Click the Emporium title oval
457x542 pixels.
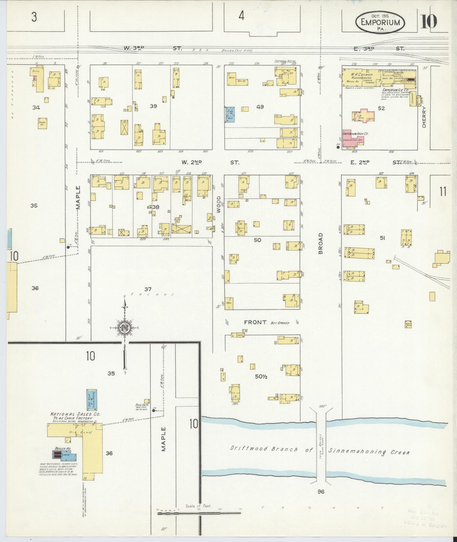[x=380, y=22]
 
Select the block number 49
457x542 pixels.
[x=260, y=107]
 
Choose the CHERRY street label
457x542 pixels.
[x=424, y=117]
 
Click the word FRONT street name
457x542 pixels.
[x=255, y=322]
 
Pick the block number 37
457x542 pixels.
[x=148, y=289]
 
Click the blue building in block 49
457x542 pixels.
[x=230, y=114]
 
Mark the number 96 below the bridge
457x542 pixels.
[x=321, y=491]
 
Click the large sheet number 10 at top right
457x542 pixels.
[x=429, y=22]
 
